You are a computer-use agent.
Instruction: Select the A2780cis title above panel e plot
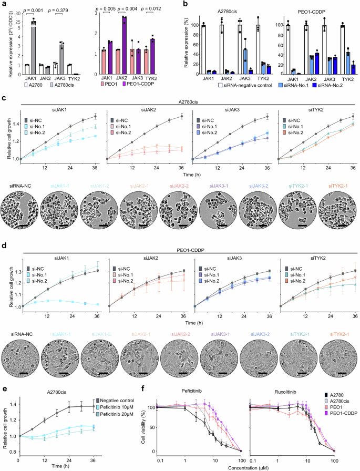click(x=58, y=385)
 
